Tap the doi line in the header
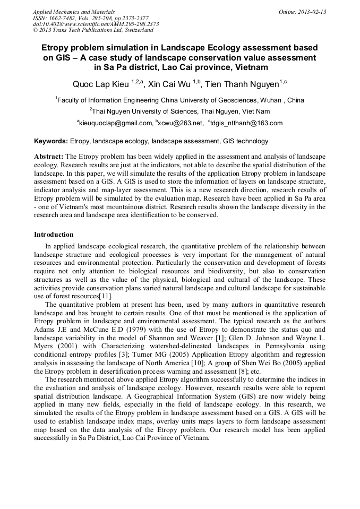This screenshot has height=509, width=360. tap(96, 24)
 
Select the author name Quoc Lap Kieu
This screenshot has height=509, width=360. tap(101, 84)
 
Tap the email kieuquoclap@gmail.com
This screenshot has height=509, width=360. tap(115, 123)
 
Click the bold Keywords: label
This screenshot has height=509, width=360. tap(51, 141)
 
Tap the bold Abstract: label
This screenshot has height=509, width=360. tap(48, 157)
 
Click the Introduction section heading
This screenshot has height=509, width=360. tap(54, 234)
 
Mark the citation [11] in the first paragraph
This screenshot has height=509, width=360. tap(105, 296)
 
